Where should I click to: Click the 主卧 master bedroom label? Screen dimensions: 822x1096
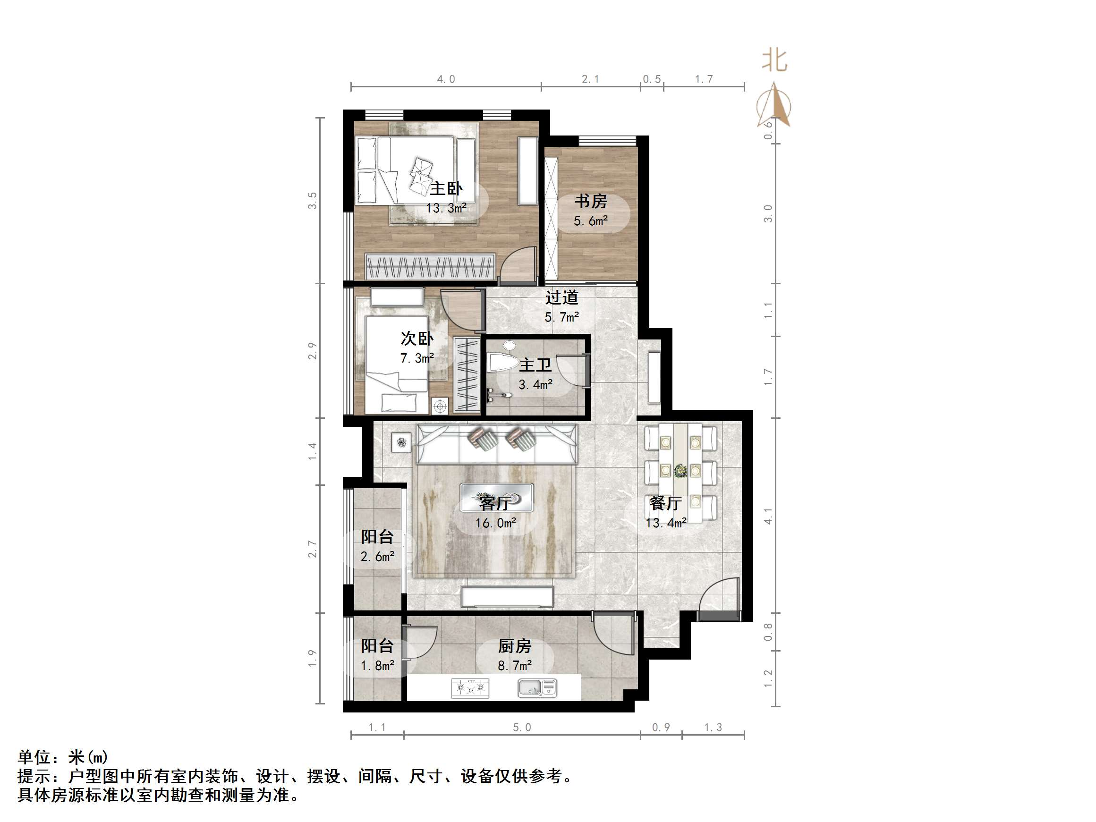(446, 189)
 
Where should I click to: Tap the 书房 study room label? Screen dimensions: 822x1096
(591, 201)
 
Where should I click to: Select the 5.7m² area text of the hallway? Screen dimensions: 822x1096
(562, 317)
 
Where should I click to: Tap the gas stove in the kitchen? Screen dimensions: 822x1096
(470, 688)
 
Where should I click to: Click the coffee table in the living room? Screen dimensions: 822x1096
(496, 498)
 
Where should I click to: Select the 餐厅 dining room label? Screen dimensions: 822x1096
(665, 503)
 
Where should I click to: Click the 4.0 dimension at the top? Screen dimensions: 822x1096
(446, 79)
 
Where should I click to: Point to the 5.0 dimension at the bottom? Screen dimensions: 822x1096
(522, 728)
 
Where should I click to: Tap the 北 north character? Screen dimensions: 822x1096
(774, 61)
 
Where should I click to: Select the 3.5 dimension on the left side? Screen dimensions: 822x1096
(312, 201)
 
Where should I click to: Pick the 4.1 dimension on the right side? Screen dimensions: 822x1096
(768, 516)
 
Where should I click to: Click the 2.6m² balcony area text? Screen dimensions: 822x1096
(378, 557)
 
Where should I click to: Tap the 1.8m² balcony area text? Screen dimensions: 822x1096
(378, 665)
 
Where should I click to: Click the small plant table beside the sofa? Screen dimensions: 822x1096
(401, 442)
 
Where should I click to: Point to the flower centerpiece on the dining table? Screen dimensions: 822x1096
(680, 470)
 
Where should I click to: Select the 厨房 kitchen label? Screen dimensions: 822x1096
(514, 646)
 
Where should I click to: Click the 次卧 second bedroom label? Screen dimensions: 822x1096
(416, 339)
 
